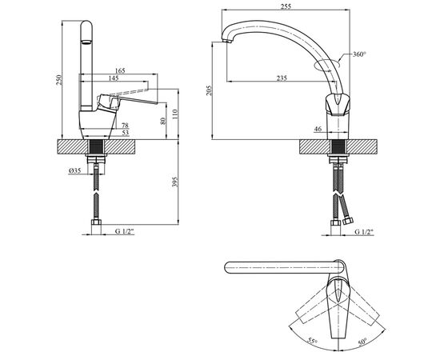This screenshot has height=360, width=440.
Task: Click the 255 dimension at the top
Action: click(286, 6)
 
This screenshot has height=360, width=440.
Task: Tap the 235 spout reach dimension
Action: click(282, 78)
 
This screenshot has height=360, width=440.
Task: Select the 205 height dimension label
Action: click(209, 90)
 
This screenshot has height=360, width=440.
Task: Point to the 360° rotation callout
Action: click(359, 54)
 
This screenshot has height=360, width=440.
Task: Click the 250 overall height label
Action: click(58, 80)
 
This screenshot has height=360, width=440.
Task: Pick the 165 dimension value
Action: click(120, 70)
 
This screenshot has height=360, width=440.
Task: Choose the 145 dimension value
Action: click(114, 78)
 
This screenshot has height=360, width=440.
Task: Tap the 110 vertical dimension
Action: click(174, 114)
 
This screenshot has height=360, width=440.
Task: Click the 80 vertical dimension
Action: click(163, 121)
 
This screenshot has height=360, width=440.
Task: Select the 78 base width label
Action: click(125, 125)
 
